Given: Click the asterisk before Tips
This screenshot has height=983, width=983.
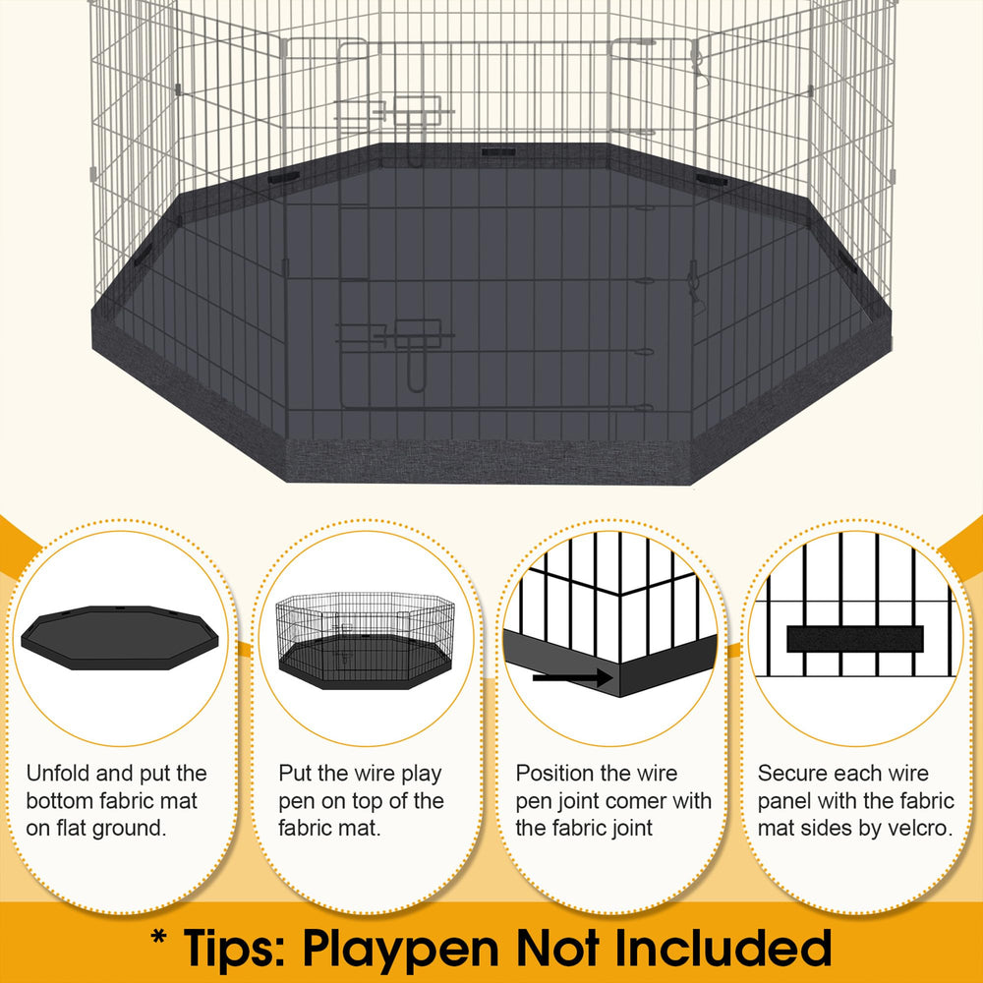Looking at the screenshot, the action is click(158, 939).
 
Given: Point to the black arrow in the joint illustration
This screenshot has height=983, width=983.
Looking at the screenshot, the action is click(572, 677).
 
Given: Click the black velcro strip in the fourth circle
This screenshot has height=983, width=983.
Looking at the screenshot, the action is click(855, 639).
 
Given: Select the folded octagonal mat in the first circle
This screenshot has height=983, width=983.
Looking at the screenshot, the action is click(120, 637).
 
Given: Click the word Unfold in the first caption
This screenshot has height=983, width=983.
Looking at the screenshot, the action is click(58, 773).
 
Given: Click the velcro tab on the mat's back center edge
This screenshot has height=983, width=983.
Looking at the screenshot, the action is click(498, 151).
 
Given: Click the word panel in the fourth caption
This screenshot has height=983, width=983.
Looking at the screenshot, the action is click(784, 800).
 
